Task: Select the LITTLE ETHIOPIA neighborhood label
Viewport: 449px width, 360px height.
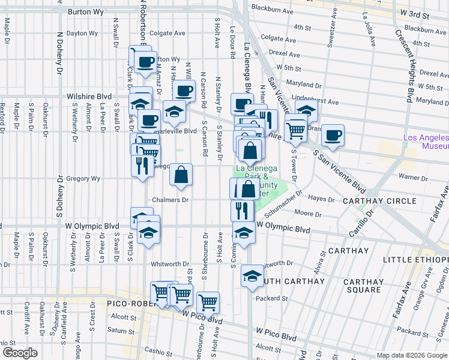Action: (415, 259)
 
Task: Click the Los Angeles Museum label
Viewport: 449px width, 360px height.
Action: (426, 142)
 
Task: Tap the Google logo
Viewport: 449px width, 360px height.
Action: (20, 353)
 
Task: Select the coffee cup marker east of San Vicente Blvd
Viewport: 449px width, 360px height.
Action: (332, 134)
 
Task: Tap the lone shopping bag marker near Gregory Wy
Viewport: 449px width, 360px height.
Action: (181, 175)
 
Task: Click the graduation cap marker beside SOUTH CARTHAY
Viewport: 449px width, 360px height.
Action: (252, 276)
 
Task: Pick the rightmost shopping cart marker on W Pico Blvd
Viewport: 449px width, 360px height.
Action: (208, 302)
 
